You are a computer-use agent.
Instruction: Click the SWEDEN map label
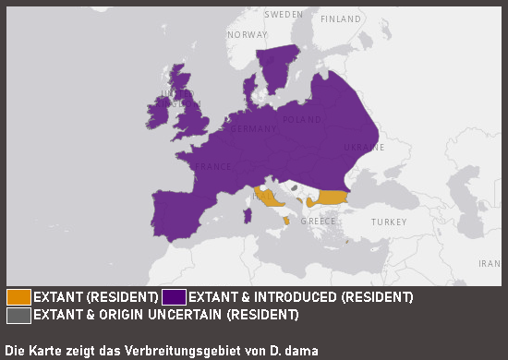(x=284, y=15)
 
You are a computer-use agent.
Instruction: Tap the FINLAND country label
(x=341, y=18)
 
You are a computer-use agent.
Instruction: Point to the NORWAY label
(x=247, y=35)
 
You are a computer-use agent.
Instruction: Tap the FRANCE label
(x=211, y=167)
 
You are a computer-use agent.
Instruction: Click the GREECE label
(x=318, y=222)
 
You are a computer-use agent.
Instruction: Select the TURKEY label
(x=389, y=222)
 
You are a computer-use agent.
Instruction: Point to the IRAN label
(x=489, y=263)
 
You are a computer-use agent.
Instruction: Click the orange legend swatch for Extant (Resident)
(x=18, y=297)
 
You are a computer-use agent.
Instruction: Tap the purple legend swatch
(x=174, y=297)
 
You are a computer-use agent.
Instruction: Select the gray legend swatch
(x=18, y=315)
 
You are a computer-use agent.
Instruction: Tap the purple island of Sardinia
(x=247, y=216)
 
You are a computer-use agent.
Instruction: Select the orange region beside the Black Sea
(x=331, y=198)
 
